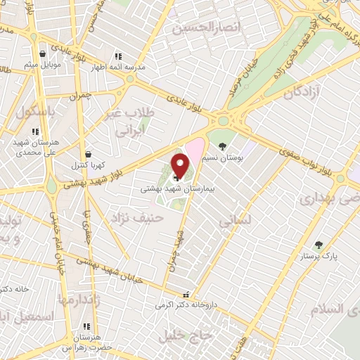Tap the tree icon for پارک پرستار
[319, 245]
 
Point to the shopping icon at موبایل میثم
[44, 53]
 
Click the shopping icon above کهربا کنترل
[88, 154]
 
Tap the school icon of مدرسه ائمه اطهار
[118, 56]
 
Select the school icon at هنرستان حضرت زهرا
[87, 327]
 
